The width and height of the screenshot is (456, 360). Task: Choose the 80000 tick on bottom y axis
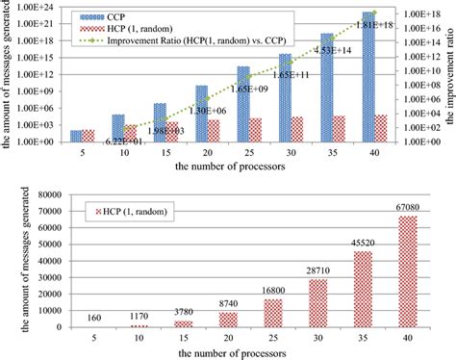click(x=41, y=193)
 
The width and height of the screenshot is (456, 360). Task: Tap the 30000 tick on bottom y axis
click(x=41, y=278)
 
